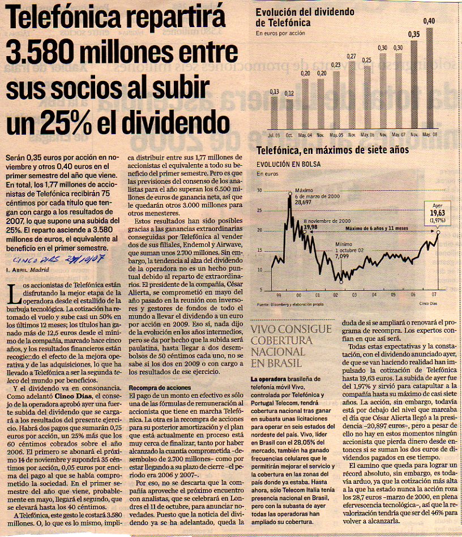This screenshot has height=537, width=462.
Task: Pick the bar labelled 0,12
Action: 289,114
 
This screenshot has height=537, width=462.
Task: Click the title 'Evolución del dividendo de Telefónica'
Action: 305,18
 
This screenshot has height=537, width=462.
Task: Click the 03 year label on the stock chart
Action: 354,295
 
